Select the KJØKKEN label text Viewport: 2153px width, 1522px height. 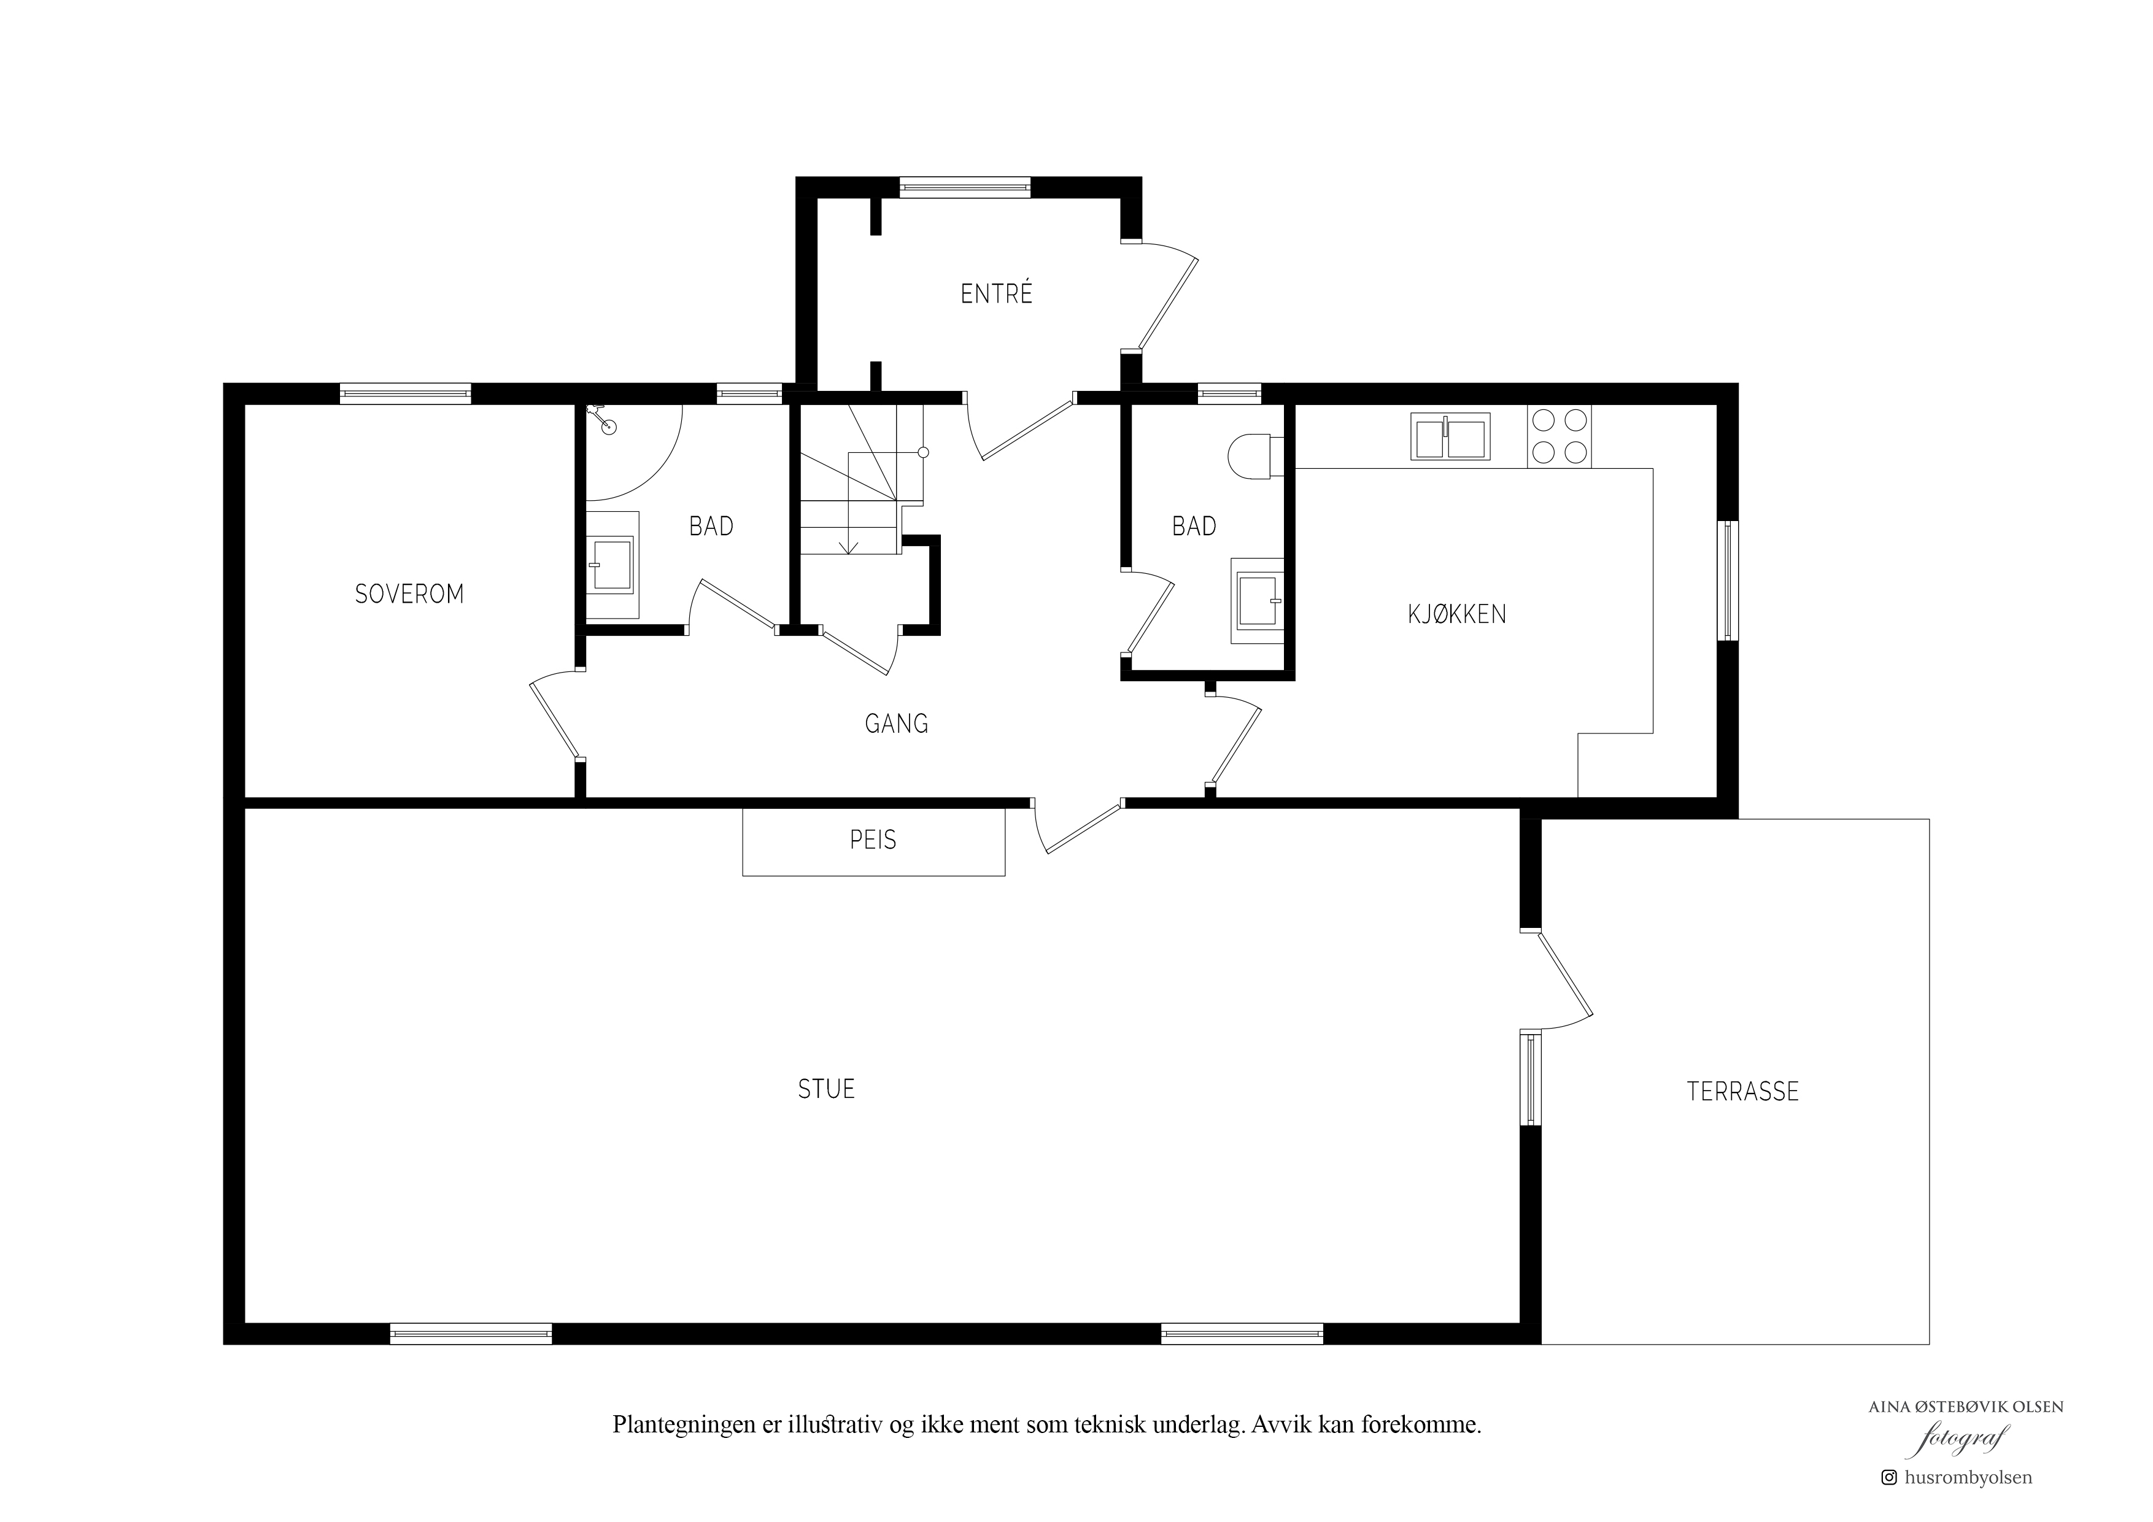pyautogui.click(x=1456, y=614)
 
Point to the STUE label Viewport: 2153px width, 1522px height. pyautogui.click(x=825, y=1089)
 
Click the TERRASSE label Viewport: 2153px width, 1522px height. pyautogui.click(x=1742, y=1092)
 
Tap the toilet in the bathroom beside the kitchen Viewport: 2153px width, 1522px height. pyautogui.click(x=1250, y=456)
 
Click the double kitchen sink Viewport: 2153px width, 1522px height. pyautogui.click(x=1450, y=437)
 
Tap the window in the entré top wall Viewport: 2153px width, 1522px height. pyautogui.click(x=965, y=187)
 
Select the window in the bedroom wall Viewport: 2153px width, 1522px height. pyautogui.click(x=405, y=394)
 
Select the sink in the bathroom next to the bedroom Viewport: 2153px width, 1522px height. pyautogui.click(x=613, y=565)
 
